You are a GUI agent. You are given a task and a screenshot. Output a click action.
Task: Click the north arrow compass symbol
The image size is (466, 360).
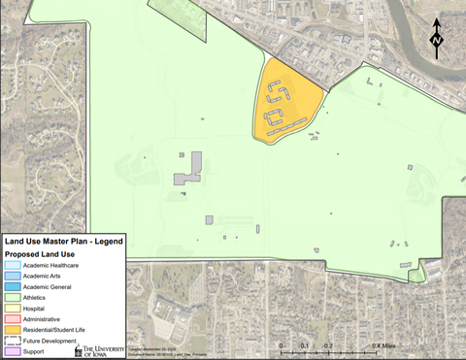[x=437, y=39]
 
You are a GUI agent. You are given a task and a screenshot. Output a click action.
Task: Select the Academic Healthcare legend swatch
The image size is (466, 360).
[x=12, y=265]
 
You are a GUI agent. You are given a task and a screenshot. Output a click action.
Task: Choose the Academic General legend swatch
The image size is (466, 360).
[x=12, y=286]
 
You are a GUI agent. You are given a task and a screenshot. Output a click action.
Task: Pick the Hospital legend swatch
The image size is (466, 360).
[x=12, y=309]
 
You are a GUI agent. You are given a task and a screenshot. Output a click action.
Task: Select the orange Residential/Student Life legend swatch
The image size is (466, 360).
[x=12, y=330]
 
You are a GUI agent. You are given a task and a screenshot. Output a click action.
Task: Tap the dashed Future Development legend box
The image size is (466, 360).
[x=12, y=341]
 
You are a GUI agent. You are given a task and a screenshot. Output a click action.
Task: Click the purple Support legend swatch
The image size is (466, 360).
[x=12, y=351]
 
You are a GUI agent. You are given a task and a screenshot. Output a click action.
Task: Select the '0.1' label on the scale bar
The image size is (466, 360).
[x=304, y=345]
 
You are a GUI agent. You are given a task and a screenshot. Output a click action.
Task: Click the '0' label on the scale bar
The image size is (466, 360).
[x=281, y=345]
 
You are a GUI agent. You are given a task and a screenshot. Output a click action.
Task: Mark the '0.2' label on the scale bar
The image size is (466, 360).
[x=328, y=345]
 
